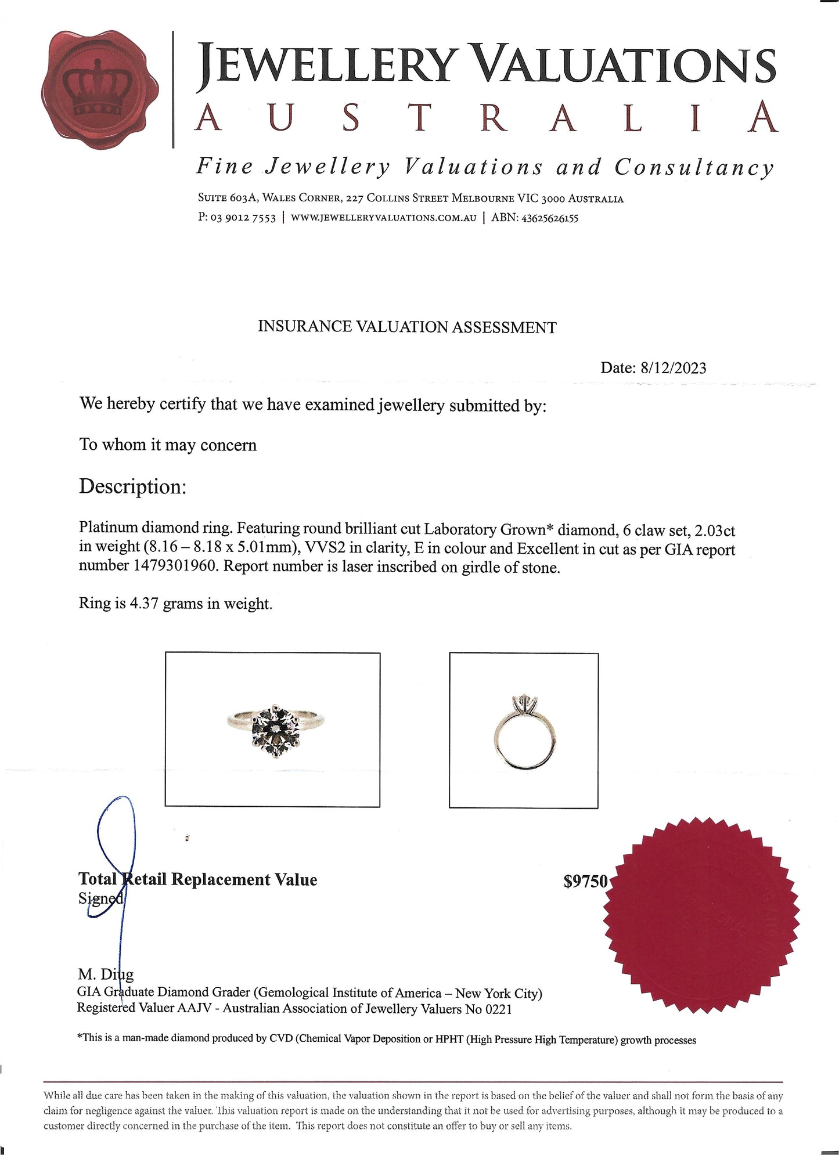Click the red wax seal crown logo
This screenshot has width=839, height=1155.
pyautogui.click(x=100, y=89)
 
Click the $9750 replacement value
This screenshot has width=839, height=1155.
pyautogui.click(x=585, y=882)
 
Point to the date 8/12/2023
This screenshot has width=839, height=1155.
pyautogui.click(x=673, y=368)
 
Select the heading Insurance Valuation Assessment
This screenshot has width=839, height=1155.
pyautogui.click(x=406, y=327)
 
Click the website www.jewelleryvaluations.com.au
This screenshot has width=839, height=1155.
pyautogui.click(x=383, y=218)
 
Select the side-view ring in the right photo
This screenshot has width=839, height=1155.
pyautogui.click(x=524, y=734)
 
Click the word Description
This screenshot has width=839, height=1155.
pyautogui.click(x=132, y=486)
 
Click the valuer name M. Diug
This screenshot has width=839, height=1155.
pyautogui.click(x=106, y=974)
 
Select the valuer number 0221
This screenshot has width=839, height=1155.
pyautogui.click(x=498, y=1009)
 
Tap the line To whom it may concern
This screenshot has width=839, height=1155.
pyautogui.click(x=168, y=445)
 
